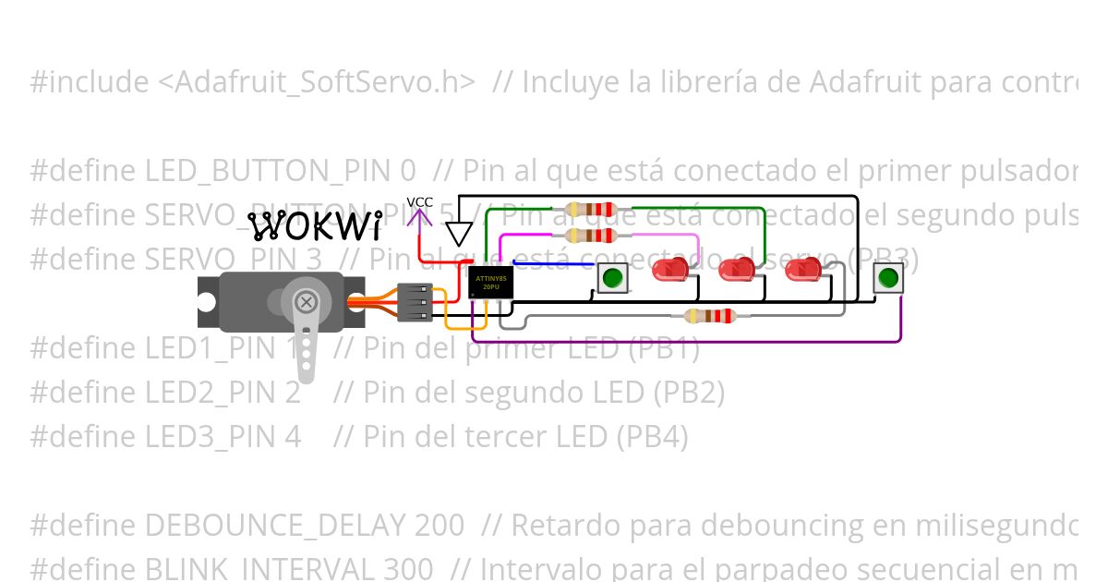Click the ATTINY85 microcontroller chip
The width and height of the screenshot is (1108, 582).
pyautogui.click(x=490, y=282)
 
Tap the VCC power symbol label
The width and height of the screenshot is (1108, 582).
pyautogui.click(x=420, y=202)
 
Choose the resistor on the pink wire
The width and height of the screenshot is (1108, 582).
pyautogui.click(x=592, y=236)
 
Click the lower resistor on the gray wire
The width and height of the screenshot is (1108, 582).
pyautogui.click(x=709, y=316)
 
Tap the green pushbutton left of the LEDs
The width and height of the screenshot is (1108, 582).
pyautogui.click(x=612, y=277)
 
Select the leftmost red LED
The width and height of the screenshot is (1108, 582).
pyautogui.click(x=669, y=271)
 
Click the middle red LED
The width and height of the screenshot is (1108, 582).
pyautogui.click(x=736, y=271)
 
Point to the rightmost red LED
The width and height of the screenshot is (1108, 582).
pyautogui.click(x=802, y=271)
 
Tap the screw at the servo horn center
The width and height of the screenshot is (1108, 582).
pyautogui.click(x=306, y=301)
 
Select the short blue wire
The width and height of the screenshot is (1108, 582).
pyautogui.click(x=552, y=264)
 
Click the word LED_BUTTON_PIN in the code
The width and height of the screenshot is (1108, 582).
pyautogui.click(x=271, y=171)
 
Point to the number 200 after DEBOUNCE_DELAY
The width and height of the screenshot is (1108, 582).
pyautogui.click(x=439, y=526)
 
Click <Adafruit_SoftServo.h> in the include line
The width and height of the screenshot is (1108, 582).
pyautogui.click(x=317, y=82)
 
